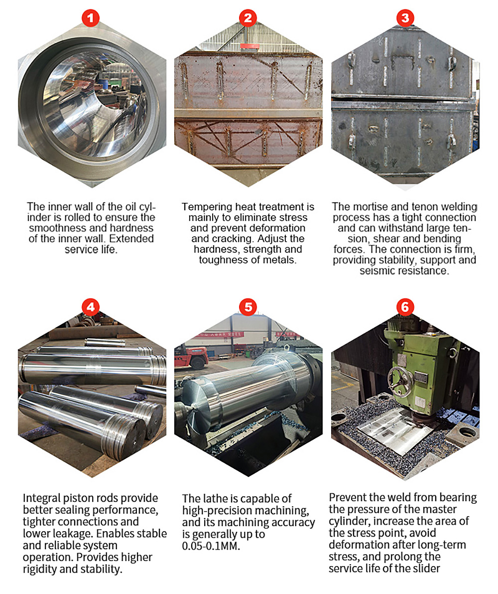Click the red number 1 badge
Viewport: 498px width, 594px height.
point(91,18)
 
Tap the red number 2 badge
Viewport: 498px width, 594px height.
point(248,18)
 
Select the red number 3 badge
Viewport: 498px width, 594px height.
point(405,18)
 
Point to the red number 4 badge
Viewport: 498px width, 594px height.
point(91,307)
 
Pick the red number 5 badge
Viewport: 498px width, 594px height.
point(248,307)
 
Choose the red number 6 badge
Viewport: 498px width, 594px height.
point(405,307)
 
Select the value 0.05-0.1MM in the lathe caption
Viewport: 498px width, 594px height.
point(211,546)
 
